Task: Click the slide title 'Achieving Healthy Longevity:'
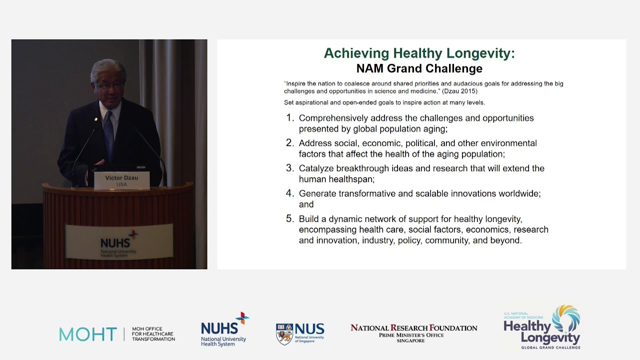(419, 53)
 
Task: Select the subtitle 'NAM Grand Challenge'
(419, 68)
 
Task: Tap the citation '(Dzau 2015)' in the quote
(459, 91)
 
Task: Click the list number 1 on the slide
(289, 118)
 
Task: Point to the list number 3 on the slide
(289, 168)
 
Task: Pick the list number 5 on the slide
(289, 218)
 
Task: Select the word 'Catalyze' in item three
(316, 168)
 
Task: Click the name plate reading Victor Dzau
(121, 180)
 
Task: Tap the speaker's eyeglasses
(108, 86)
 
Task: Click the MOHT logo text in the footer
(88, 334)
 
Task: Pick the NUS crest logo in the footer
(284, 333)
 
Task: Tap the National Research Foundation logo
(413, 332)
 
